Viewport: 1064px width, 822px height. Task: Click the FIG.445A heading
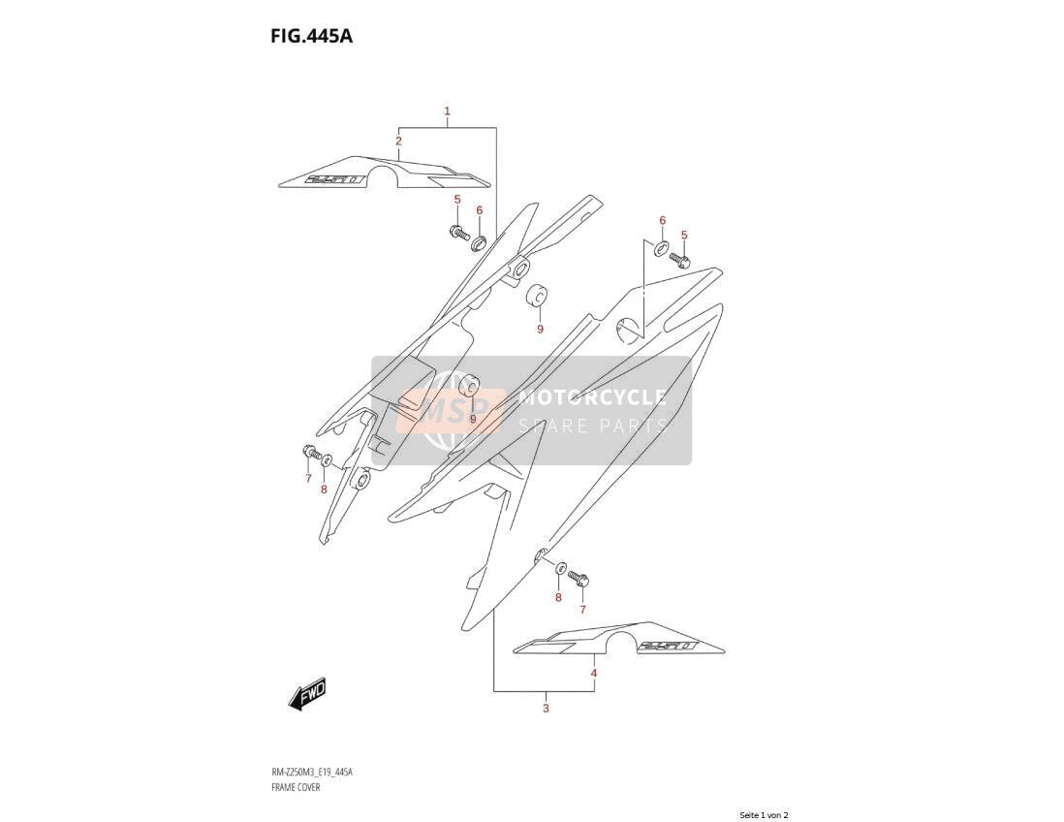(311, 36)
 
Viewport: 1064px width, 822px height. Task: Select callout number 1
(447, 111)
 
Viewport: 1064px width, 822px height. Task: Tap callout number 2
(399, 142)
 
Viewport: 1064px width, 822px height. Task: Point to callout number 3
(546, 709)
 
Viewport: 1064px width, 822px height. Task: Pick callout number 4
(594, 674)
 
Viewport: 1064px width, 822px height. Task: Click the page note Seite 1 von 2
(764, 815)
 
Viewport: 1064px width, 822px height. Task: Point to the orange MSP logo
(451, 411)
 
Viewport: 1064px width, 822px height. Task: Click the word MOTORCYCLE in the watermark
(592, 397)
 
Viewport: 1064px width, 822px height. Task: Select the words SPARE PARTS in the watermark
(592, 427)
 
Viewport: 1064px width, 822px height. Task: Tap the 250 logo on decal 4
(667, 647)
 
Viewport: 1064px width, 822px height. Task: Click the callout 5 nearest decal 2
(457, 200)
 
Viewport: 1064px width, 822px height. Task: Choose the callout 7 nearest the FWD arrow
(308, 479)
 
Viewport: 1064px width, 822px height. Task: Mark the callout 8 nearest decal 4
(558, 597)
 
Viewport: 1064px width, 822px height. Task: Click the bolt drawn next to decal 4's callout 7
(579, 578)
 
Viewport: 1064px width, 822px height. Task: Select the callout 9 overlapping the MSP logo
(473, 419)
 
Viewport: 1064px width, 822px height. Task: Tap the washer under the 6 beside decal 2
(479, 241)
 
